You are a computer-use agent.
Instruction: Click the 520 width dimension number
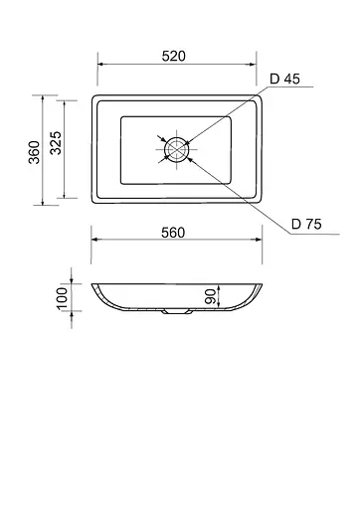coord(174,56)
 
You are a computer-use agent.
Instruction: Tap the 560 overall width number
coord(173,233)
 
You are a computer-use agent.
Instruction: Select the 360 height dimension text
coord(34,152)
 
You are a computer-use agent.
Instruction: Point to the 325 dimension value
coord(56,143)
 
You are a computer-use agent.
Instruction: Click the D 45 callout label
coord(284,79)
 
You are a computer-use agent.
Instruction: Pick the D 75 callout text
coord(306,225)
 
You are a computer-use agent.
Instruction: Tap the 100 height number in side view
coord(63,298)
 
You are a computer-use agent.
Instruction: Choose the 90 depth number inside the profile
coord(211,296)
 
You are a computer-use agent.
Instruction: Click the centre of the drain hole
coord(177,149)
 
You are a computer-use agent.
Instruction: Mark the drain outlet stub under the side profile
coord(177,312)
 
